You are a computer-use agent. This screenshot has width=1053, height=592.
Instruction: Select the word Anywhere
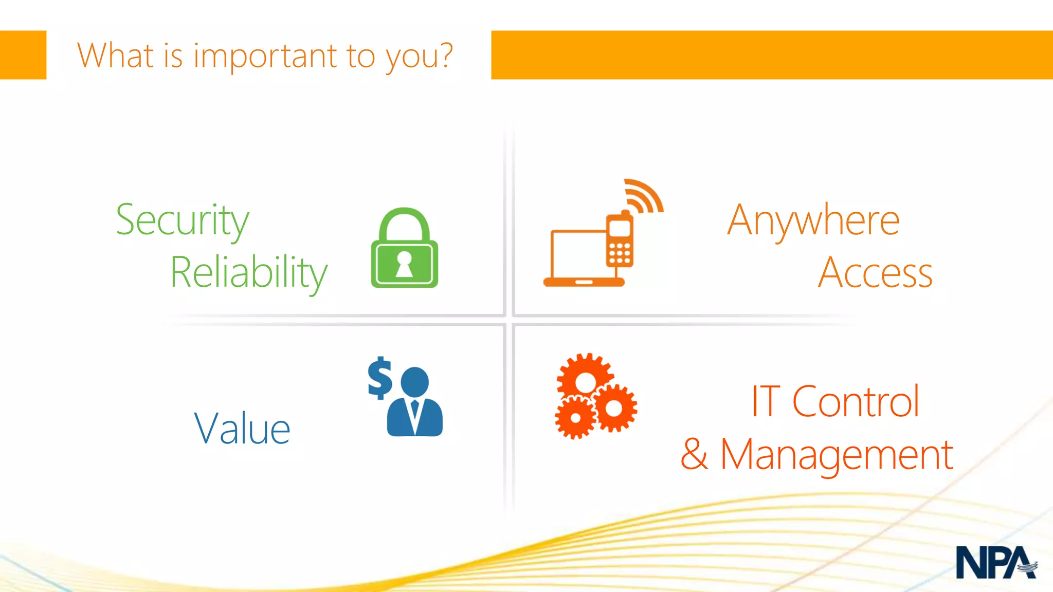click(813, 221)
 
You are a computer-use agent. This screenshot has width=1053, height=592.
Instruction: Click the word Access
click(875, 273)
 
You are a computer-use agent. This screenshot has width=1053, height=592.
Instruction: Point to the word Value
click(242, 429)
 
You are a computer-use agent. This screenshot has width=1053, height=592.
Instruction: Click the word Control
click(856, 402)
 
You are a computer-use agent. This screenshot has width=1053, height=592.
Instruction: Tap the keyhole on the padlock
click(404, 263)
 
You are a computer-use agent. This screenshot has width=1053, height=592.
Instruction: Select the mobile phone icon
click(620, 240)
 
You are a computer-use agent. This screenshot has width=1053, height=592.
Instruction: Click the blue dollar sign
click(380, 378)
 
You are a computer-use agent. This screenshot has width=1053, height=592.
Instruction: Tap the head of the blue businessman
click(414, 381)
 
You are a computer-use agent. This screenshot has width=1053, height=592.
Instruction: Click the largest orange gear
click(585, 381)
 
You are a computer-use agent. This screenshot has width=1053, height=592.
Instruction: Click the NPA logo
click(995, 563)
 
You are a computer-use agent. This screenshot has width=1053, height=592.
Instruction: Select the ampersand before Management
click(694, 454)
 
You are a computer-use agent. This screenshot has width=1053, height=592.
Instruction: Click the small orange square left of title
click(23, 55)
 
